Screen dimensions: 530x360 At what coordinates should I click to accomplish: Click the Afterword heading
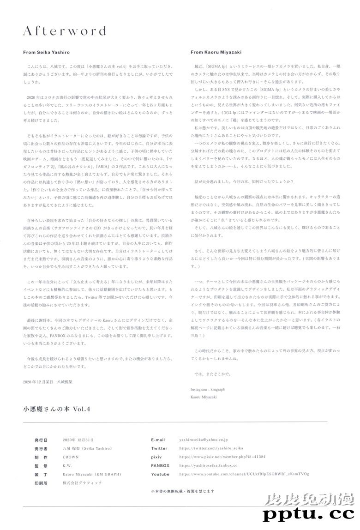(65, 31)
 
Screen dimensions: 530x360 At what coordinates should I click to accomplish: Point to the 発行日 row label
(41, 440)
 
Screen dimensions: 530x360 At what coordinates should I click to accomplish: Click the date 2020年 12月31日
(78, 440)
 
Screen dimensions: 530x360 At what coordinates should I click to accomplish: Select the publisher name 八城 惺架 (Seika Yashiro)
(87, 448)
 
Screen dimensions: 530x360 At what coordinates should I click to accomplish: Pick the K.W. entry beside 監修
(67, 465)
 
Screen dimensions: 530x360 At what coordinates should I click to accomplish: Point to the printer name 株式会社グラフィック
(82, 482)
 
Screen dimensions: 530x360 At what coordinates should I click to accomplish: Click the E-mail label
(159, 440)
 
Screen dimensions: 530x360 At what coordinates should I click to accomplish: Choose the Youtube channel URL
(244, 474)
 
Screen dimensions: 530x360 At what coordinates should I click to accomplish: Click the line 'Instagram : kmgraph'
(208, 389)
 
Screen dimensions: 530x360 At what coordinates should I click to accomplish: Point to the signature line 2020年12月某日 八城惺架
(48, 383)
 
